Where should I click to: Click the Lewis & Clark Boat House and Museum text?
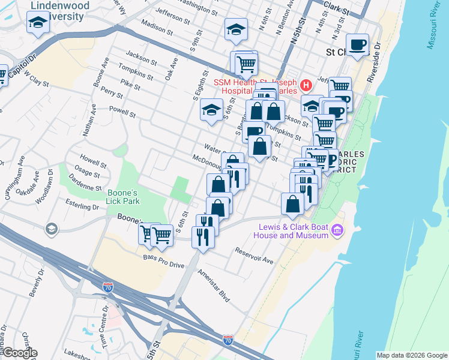tap(293, 231)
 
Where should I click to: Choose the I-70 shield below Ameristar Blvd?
tap(228, 340)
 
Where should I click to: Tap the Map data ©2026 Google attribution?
tap(412, 355)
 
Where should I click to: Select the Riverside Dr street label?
tap(375, 61)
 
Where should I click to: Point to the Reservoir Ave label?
tap(254, 256)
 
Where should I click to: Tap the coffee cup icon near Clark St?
tap(358, 45)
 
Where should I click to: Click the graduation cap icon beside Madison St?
tap(236, 29)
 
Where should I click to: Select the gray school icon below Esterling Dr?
tap(51, 229)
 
